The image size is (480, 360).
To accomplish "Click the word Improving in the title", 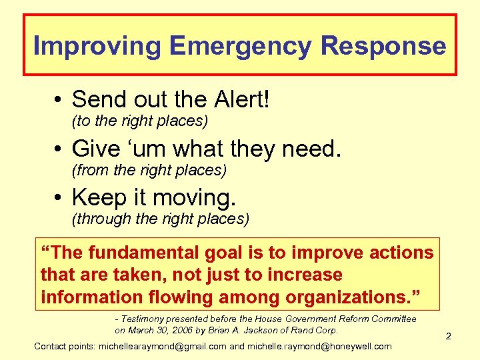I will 97,46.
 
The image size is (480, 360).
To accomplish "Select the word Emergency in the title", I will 240,46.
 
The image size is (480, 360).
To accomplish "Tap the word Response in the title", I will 384,46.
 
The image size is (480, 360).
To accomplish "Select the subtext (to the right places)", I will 139,121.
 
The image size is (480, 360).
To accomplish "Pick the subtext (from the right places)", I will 149,171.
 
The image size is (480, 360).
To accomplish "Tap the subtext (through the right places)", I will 160,219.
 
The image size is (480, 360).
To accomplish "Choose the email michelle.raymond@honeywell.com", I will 319,346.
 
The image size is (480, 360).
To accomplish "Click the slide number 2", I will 449,337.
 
